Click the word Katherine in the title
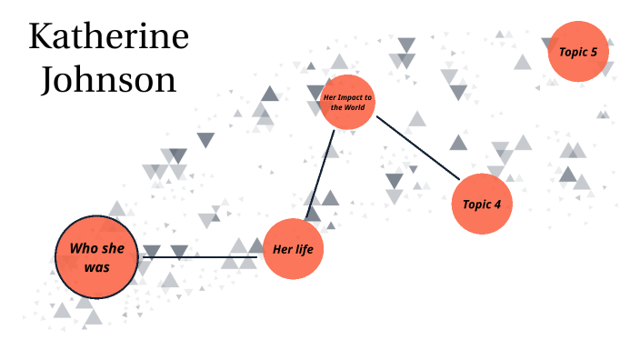(x=109, y=37)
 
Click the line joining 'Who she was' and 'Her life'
(x=200, y=257)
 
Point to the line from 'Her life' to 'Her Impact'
(x=321, y=173)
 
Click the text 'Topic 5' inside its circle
(x=578, y=52)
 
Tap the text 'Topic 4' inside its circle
(x=482, y=205)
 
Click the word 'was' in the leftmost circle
(x=96, y=267)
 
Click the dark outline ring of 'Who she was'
(x=55, y=257)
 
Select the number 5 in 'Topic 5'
(x=594, y=52)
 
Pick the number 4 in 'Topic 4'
(x=497, y=205)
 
